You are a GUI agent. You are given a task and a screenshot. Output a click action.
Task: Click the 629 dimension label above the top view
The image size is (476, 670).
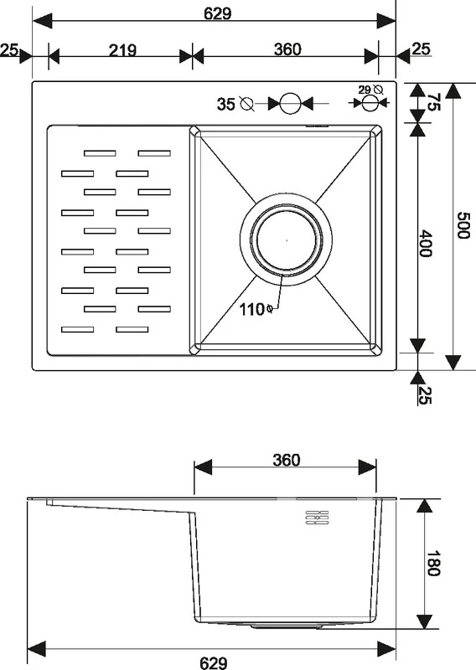click(x=217, y=13)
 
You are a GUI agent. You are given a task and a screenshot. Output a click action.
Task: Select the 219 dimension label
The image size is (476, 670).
click(x=122, y=50)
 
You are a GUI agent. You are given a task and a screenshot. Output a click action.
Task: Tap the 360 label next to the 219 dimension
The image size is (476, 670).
click(x=287, y=49)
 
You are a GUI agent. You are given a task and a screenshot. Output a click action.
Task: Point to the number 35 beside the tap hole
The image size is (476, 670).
click(x=225, y=104)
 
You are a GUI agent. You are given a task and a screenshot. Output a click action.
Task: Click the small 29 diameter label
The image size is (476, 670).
click(x=365, y=90)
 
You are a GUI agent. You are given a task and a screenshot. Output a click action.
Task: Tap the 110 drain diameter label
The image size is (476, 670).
click(x=252, y=309)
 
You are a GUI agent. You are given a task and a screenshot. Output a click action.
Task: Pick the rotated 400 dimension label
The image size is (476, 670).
click(x=425, y=244)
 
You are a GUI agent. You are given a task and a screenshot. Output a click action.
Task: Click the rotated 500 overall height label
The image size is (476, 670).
click(x=463, y=225)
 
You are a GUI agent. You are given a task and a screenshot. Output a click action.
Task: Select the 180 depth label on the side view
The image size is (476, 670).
click(x=433, y=563)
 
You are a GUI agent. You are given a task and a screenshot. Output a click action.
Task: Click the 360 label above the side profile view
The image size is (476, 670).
click(x=286, y=460)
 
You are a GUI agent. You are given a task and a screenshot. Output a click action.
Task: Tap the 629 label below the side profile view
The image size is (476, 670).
click(x=214, y=662)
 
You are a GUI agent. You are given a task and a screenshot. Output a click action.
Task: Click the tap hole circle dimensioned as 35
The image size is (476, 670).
click(x=291, y=103)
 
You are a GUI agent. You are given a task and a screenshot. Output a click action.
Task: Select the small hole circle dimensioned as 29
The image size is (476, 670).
click(x=369, y=103)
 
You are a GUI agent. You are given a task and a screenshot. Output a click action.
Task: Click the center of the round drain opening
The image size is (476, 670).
click(x=286, y=240)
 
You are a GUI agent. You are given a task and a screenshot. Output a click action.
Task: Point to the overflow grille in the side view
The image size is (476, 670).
click(x=317, y=517)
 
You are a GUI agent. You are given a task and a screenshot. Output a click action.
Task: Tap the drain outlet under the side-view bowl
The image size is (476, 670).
click(x=287, y=626)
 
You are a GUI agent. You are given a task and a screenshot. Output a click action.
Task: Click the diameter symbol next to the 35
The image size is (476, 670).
click(x=246, y=103)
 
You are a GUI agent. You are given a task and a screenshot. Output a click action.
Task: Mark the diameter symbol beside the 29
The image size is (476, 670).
click(x=378, y=90)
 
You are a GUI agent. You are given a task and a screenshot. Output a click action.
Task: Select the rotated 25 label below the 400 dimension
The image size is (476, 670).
click(x=425, y=394)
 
